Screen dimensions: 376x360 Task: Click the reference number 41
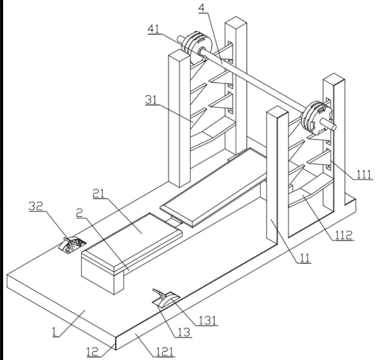[154, 29]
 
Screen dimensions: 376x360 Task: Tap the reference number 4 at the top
[202, 8]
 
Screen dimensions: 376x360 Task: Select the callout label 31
[151, 100]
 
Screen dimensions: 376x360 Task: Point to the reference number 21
[99, 194]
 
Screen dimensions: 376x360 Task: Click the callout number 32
[36, 206]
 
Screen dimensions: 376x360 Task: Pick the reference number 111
[364, 174]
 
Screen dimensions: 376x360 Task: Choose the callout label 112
[344, 235]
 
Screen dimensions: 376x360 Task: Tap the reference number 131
[208, 321]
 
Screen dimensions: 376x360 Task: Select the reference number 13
[184, 333]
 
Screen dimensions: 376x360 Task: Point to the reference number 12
[93, 352]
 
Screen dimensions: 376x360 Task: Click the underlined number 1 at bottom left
[55, 332]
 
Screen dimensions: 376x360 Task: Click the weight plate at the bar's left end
[197, 47]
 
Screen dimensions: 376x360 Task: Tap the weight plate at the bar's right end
[317, 118]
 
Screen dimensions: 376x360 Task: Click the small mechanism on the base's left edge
[72, 245]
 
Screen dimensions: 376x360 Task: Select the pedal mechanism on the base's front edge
[166, 298]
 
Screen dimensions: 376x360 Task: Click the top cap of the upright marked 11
[277, 112]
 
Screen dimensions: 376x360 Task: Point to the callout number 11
[305, 258]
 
